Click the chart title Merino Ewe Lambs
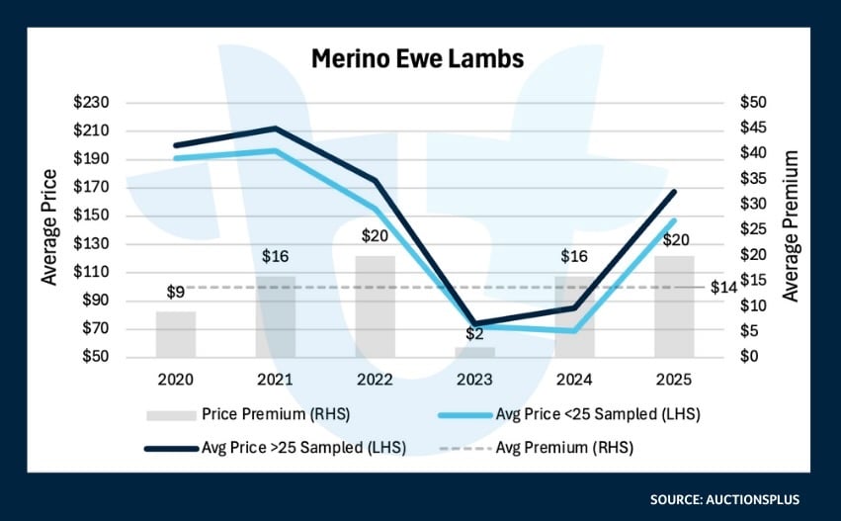[418, 58]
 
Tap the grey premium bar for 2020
[175, 334]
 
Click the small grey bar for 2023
[474, 352]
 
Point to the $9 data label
[175, 293]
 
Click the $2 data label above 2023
[474, 336]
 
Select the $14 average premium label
[724, 287]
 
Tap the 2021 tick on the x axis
[275, 380]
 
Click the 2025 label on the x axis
[674, 380]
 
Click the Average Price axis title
[48, 228]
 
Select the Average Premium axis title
[790, 226]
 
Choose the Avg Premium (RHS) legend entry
[564, 447]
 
